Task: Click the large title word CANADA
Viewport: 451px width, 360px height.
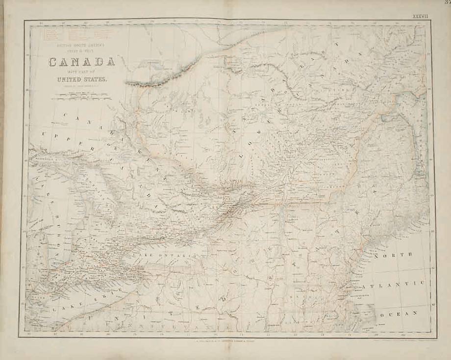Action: pos(81,62)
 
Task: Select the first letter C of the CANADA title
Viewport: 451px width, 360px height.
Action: pos(52,62)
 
